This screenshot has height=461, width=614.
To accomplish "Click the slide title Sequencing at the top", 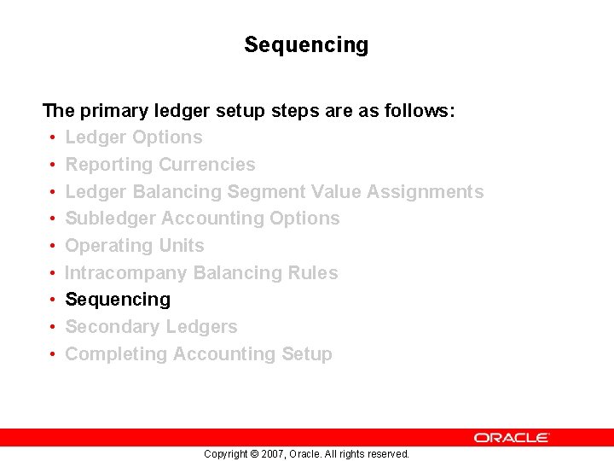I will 306,44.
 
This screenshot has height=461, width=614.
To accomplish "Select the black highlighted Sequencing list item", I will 118,300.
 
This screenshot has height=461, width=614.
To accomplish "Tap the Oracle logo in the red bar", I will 512,437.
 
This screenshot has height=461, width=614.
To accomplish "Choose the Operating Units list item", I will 135,246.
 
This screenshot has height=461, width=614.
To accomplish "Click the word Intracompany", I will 126,273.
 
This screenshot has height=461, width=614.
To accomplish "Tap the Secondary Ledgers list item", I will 151,327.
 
